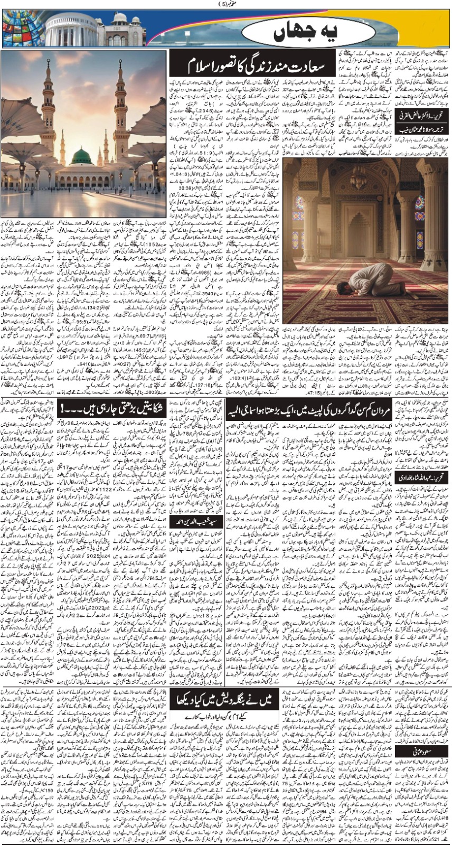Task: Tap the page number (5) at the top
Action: coord(225,4)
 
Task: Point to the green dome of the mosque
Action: coord(81,157)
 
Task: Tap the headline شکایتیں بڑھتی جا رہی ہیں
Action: coord(114,409)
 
